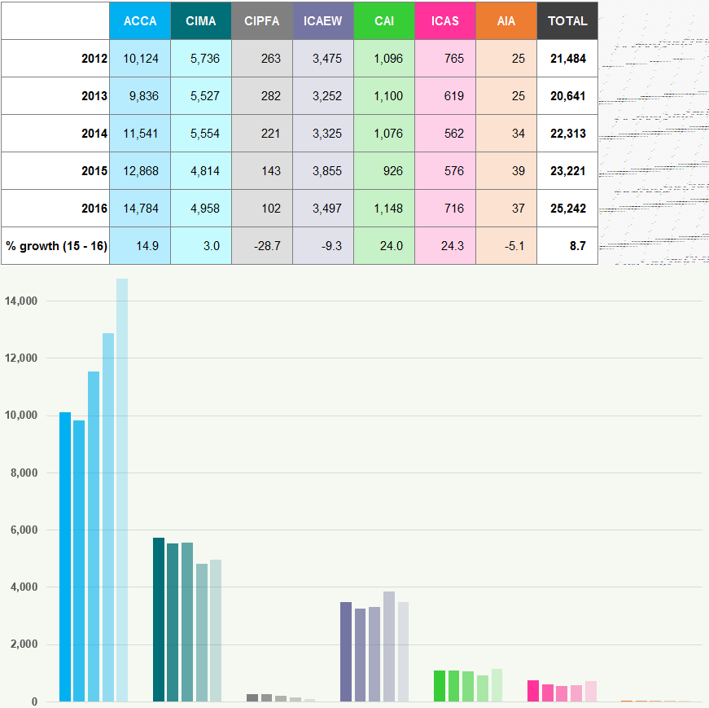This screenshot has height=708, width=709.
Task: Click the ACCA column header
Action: [140, 21]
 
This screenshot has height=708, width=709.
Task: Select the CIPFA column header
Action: [262, 21]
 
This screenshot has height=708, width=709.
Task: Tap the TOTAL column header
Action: [567, 21]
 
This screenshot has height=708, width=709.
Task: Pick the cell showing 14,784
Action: [141, 209]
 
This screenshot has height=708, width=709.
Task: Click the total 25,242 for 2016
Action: [567, 209]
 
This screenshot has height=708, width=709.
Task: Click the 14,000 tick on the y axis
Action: [21, 301]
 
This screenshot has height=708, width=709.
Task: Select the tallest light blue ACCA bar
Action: [122, 489]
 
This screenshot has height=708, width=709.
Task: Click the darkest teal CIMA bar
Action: [159, 619]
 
